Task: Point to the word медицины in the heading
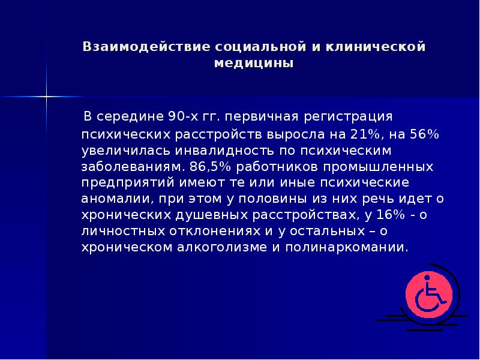point(254,63)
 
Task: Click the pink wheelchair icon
point(427,295)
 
